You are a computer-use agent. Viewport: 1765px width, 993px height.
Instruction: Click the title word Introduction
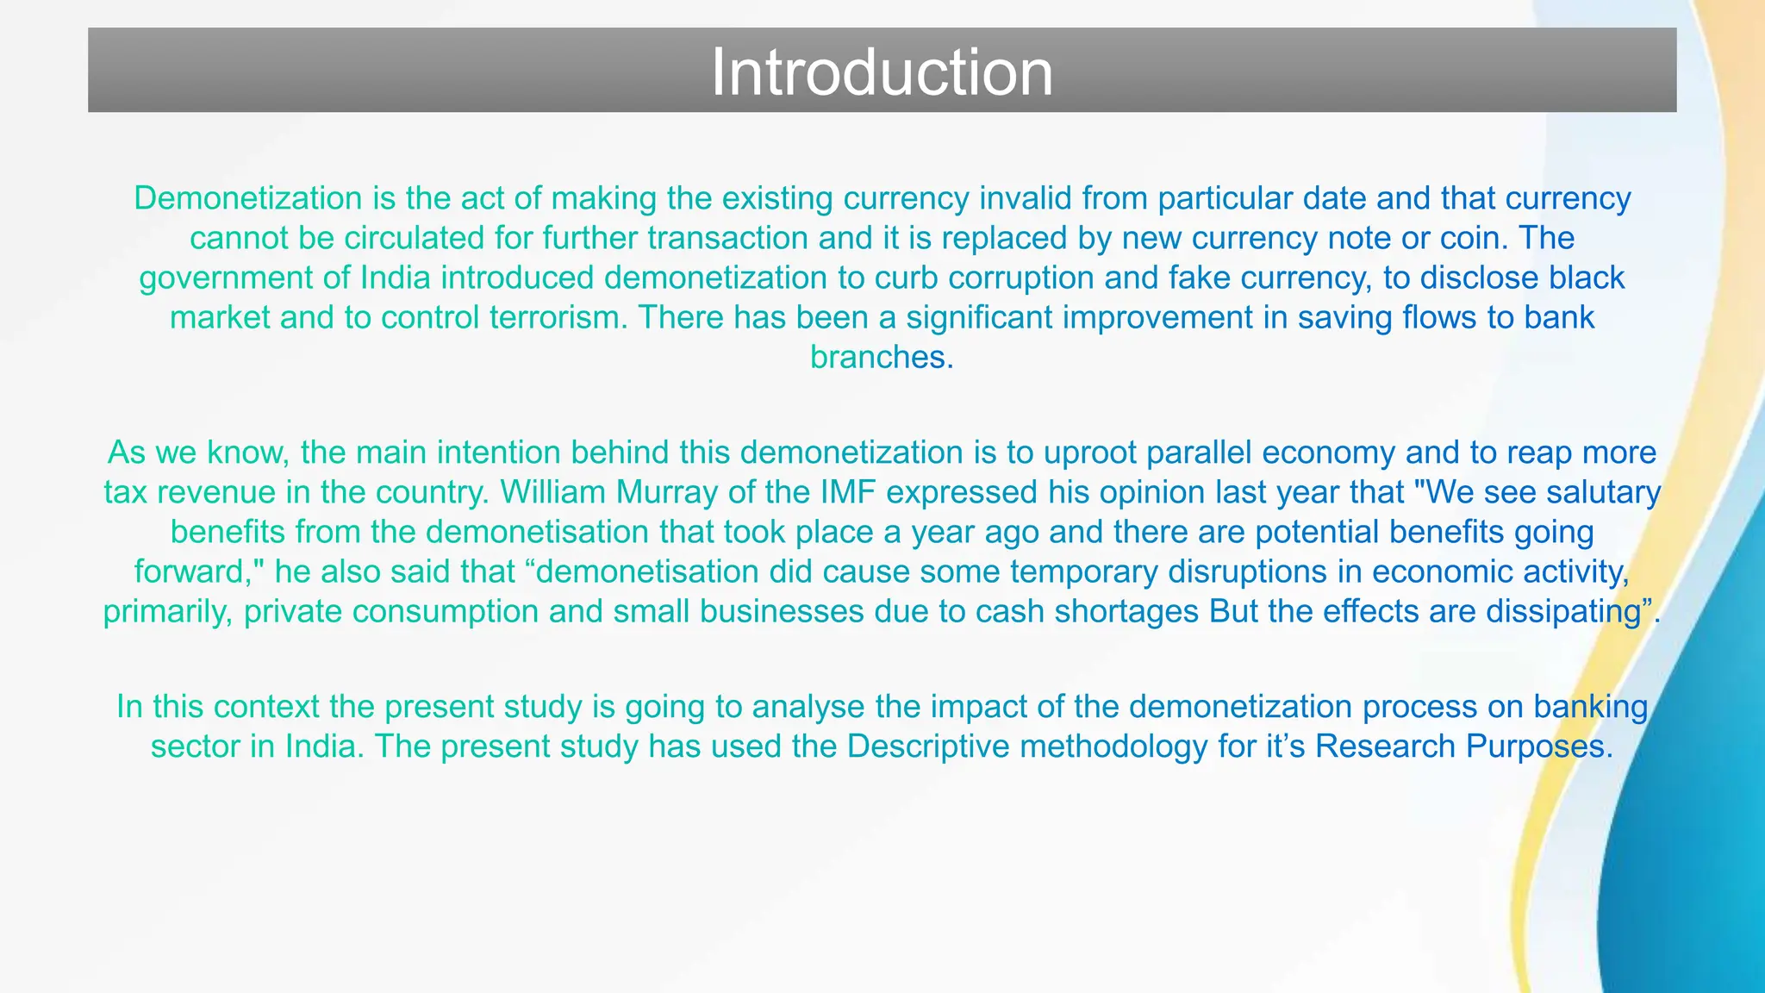882,72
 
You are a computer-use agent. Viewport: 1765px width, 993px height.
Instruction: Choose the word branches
881,358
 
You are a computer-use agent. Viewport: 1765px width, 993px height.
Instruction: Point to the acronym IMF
844,493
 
